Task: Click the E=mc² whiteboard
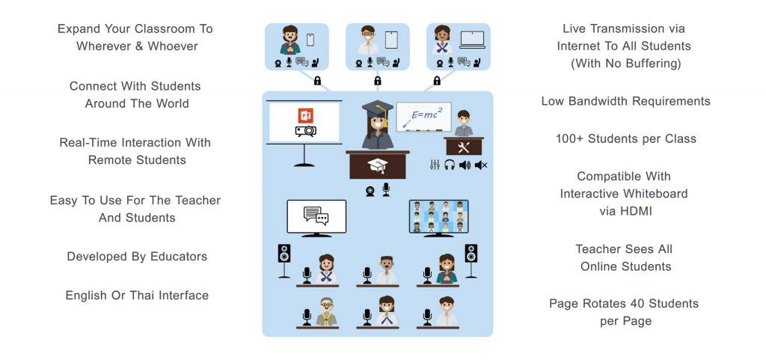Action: pos(423,118)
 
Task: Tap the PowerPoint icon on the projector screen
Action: pos(304,115)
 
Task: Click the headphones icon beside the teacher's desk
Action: pos(450,165)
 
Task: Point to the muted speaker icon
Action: pos(480,165)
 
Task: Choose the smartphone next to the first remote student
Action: pos(310,40)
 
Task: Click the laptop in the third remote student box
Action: pos(472,40)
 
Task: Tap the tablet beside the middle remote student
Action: pos(391,40)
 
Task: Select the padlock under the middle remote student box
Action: pos(378,80)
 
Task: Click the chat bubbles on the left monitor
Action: pos(316,216)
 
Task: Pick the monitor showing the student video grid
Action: pos(438,216)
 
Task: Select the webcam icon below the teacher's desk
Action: pos(370,189)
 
